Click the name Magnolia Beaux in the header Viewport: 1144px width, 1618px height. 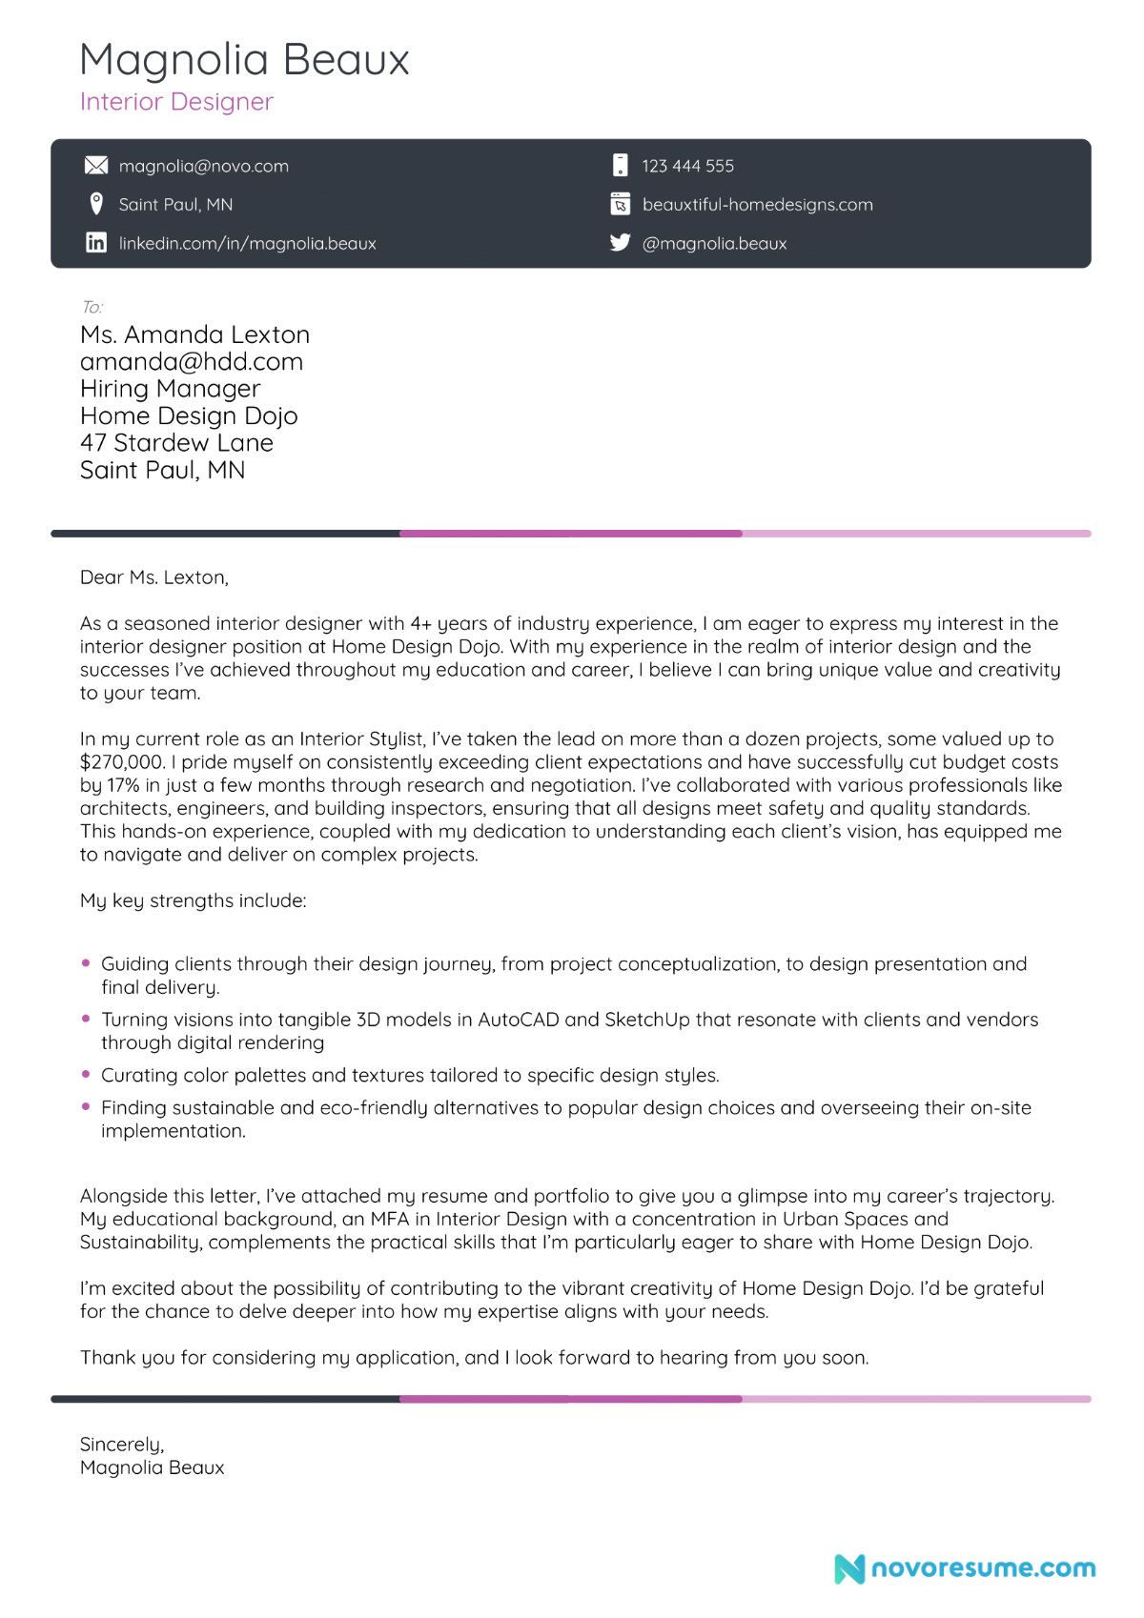244,59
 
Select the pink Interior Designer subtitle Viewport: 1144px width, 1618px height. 176,102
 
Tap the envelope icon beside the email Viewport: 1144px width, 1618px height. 96,166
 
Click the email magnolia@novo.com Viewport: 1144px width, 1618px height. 203,166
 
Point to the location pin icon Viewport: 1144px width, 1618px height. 96,204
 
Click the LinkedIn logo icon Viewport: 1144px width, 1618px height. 96,243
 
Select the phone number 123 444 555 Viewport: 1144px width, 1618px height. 687,166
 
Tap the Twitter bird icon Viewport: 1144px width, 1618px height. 621,243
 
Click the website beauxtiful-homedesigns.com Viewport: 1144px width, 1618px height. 757,205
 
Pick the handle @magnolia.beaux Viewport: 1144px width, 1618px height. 714,244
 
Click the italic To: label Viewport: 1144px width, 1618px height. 92,307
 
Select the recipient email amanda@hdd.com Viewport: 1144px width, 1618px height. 192,362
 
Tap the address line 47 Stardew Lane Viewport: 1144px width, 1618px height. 176,443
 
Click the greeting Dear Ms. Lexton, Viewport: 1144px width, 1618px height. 154,577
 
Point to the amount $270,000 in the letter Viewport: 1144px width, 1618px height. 122,762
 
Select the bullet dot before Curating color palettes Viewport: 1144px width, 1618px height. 86,1074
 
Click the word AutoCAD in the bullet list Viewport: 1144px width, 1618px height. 518,1020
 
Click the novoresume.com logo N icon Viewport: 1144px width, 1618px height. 848,1568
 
